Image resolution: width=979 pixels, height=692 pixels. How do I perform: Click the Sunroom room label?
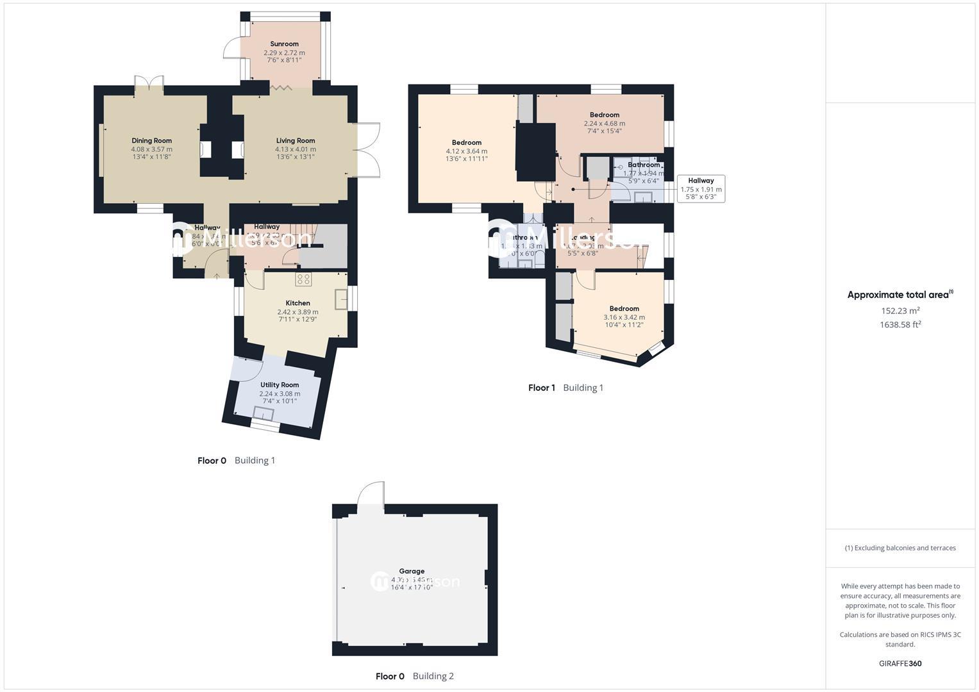coord(284,44)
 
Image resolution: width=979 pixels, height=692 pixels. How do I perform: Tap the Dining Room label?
coord(152,141)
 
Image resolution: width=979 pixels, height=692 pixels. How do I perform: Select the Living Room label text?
coord(296,141)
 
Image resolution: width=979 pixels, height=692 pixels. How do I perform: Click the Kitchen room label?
coord(297,303)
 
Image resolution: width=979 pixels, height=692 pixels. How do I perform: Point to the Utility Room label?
coord(280,385)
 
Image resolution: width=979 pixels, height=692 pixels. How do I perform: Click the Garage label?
coord(412,571)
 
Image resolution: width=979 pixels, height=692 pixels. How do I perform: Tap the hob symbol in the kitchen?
coord(303,279)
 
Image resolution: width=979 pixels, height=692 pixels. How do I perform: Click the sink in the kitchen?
coord(341,299)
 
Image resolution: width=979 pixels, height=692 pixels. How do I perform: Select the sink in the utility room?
coord(264,413)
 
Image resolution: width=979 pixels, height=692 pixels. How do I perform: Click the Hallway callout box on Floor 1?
coord(701,189)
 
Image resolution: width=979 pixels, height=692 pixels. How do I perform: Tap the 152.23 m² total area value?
coord(900,311)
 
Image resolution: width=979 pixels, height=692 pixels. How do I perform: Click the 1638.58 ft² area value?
coord(900,325)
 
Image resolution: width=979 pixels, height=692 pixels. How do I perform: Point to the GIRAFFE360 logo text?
coord(900,663)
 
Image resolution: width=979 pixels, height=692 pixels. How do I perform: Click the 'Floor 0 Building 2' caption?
coord(414,676)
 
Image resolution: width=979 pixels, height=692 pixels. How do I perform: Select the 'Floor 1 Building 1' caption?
coord(565,388)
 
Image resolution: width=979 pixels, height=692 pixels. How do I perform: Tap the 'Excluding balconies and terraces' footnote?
coord(900,548)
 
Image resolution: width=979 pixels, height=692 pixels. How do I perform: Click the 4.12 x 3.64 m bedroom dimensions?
coord(466,151)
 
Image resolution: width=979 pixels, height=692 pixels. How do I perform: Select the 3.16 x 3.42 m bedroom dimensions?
coord(624,317)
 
